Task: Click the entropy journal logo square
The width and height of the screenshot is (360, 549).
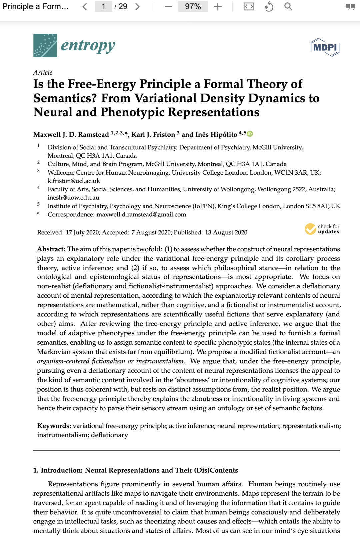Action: [x=45, y=45]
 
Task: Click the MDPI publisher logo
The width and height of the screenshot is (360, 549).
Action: [x=325, y=47]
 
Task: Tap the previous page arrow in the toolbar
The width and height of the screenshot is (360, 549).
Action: [x=85, y=7]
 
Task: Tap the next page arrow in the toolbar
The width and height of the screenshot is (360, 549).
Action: [x=137, y=7]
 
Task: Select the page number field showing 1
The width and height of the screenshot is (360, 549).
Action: [x=103, y=7]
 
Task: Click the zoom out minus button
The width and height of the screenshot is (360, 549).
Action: [x=168, y=7]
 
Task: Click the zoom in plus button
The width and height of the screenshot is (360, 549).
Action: [x=218, y=7]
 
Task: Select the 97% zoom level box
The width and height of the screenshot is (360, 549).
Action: [x=193, y=7]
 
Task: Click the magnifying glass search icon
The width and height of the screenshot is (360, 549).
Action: [x=288, y=7]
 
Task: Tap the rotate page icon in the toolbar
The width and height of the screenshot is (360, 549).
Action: [x=269, y=7]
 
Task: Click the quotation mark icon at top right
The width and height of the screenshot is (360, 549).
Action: [x=350, y=7]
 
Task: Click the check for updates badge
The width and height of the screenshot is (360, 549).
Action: [x=322, y=229]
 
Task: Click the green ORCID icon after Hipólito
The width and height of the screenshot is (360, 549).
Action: [x=250, y=134]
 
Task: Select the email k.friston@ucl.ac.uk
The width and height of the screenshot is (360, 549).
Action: [x=74, y=181]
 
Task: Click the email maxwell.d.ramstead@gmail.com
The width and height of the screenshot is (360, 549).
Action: [x=141, y=214]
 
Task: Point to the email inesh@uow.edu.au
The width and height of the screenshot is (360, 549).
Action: [x=73, y=198]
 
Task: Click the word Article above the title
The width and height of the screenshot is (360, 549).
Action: [x=43, y=73]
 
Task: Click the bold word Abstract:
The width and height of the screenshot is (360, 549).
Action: [x=51, y=249]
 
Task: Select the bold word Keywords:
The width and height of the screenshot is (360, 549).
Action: [x=54, y=426]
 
